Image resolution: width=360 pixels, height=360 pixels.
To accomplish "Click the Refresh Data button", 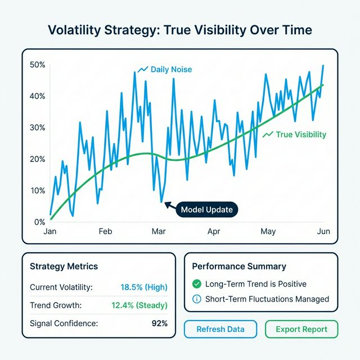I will coord(220,330).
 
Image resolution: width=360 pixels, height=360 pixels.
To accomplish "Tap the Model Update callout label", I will coord(206,210).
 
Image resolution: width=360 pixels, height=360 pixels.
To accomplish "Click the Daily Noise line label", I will coord(171,70).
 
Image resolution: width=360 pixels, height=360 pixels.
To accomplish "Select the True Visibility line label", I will coord(301,135).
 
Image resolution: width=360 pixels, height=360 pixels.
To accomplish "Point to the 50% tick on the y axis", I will coord(37,65).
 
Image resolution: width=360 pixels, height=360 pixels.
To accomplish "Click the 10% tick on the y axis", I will coord(37,191).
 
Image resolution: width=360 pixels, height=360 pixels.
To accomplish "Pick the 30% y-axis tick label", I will coord(37,128).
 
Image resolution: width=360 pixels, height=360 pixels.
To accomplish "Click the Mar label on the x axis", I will coord(159,231).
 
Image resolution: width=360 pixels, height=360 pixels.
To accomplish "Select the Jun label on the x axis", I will coord(323,231).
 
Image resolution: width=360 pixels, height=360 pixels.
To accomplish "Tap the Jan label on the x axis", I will coord(49,231).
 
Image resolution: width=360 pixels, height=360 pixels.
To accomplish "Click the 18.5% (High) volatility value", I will coord(144,287).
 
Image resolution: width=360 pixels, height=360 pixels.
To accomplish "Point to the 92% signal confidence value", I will coord(159,323).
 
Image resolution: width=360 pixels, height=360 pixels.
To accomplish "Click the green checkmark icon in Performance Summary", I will coord(197,284).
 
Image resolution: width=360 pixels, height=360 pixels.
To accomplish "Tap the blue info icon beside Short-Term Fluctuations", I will coord(197,299).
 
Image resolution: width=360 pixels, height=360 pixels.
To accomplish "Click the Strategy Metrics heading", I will coord(64,267).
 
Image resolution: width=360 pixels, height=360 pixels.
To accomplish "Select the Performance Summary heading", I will coord(239,267).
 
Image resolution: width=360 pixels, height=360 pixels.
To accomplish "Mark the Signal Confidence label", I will coord(63,323).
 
